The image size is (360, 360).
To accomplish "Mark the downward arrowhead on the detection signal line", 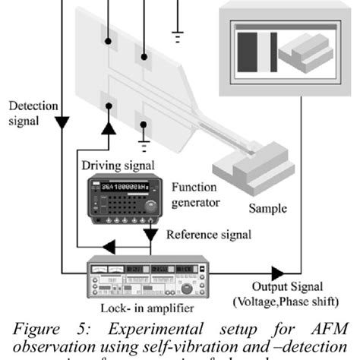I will pos(61,122).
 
